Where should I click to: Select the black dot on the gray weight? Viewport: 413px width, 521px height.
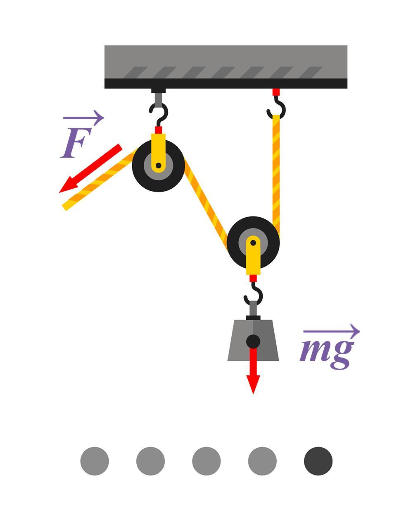point(253,342)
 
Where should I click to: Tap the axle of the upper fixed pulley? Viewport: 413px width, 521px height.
point(158,166)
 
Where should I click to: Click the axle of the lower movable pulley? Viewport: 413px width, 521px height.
point(253,243)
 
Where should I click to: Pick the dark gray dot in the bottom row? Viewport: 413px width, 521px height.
point(318,461)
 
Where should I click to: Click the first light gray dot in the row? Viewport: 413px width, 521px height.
point(95,461)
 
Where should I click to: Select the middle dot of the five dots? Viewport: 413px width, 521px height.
point(206,461)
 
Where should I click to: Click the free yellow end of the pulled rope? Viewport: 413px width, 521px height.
point(67,205)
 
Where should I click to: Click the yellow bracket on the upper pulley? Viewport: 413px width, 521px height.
point(158,149)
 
